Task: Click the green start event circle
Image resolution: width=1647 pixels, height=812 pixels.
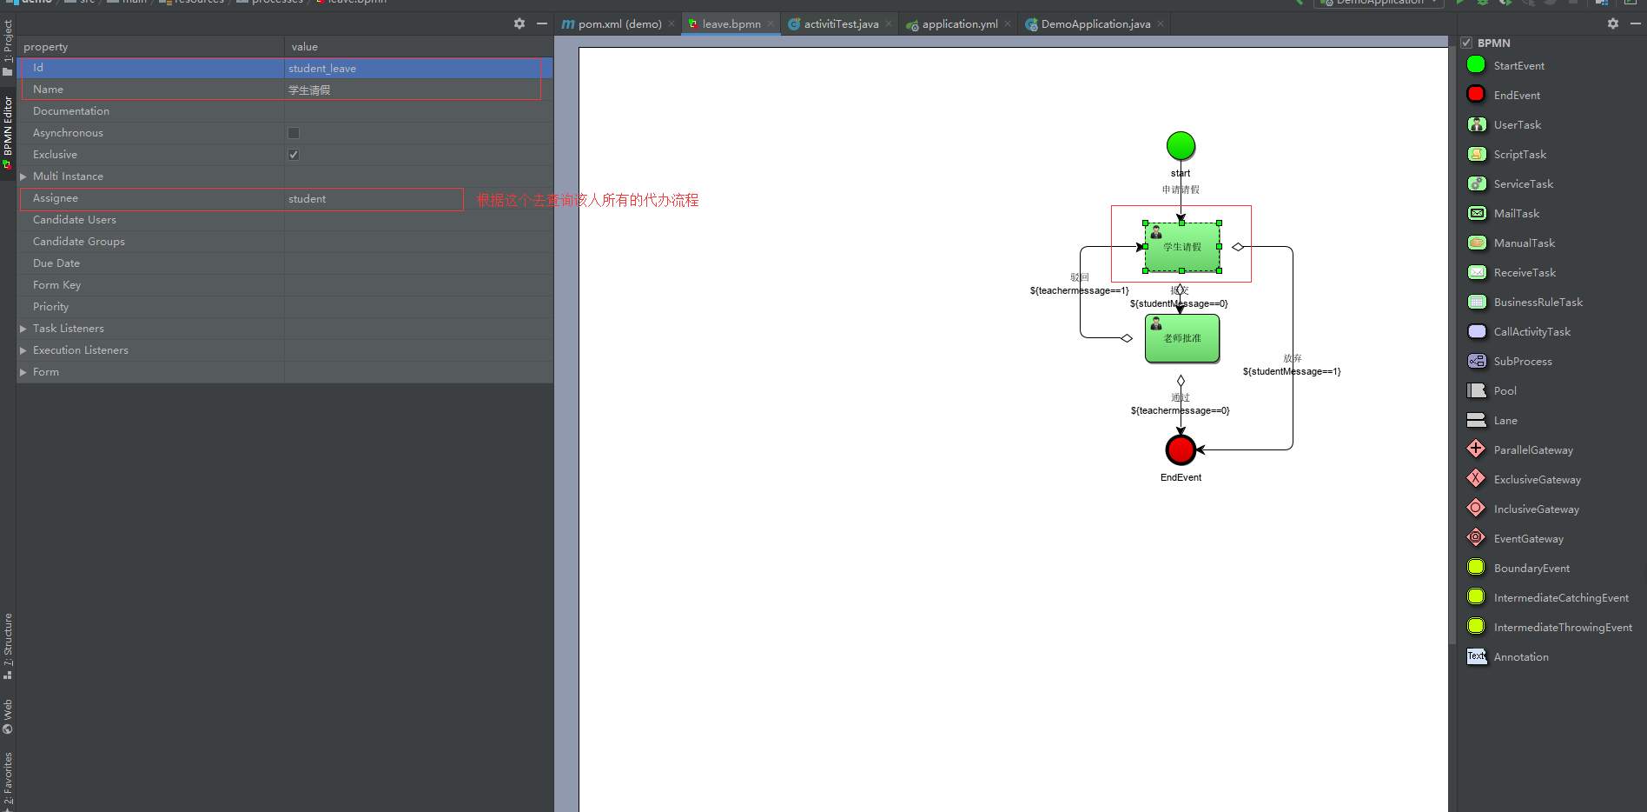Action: click(x=1181, y=146)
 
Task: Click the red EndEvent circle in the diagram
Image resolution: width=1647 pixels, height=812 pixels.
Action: click(x=1181, y=449)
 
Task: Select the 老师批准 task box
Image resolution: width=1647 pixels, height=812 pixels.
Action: click(x=1182, y=338)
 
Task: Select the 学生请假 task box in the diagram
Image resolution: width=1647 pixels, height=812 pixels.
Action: click(x=1182, y=247)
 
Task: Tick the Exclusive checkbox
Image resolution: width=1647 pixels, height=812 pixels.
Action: click(x=294, y=155)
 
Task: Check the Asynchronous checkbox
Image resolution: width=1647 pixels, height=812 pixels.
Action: click(x=294, y=133)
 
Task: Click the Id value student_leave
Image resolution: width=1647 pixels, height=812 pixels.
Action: click(x=322, y=69)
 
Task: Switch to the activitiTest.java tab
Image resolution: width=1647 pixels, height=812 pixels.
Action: click(x=840, y=24)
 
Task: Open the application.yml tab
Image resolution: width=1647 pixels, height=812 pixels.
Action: click(x=959, y=24)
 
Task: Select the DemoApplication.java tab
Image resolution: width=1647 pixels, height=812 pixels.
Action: click(x=1095, y=24)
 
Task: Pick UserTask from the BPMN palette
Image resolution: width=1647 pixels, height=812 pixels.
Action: click(x=1517, y=125)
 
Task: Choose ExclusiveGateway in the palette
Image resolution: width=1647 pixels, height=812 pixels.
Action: click(x=1537, y=480)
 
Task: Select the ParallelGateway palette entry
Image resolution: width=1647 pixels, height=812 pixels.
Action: click(x=1532, y=450)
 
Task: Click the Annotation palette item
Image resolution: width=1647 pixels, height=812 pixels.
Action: click(x=1520, y=657)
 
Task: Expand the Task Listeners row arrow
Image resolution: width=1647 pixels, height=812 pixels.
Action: click(x=23, y=329)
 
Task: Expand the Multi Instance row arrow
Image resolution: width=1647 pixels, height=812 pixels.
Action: click(x=23, y=176)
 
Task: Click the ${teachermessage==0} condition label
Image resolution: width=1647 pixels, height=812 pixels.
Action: click(x=1180, y=410)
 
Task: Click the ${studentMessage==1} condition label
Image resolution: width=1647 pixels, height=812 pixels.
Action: click(x=1291, y=371)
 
